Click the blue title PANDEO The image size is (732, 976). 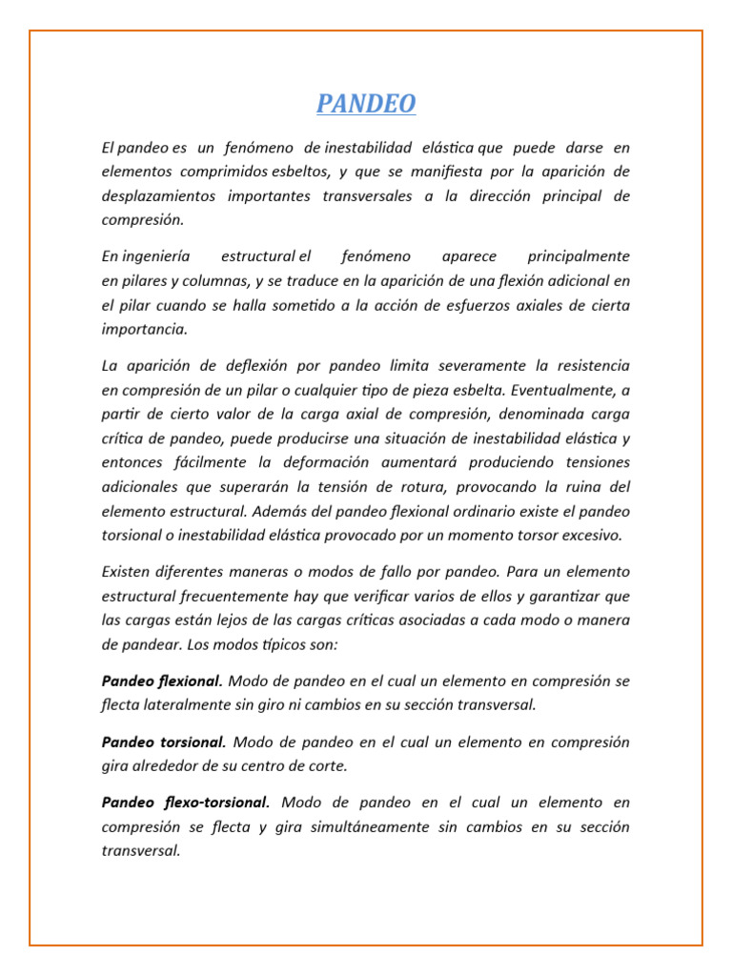pyautogui.click(x=366, y=104)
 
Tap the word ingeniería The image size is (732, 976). pyautogui.click(x=153, y=256)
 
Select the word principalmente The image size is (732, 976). pyautogui.click(x=579, y=256)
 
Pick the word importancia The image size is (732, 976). pyautogui.click(x=144, y=329)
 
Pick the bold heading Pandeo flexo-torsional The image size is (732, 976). pyautogui.click(x=186, y=803)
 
